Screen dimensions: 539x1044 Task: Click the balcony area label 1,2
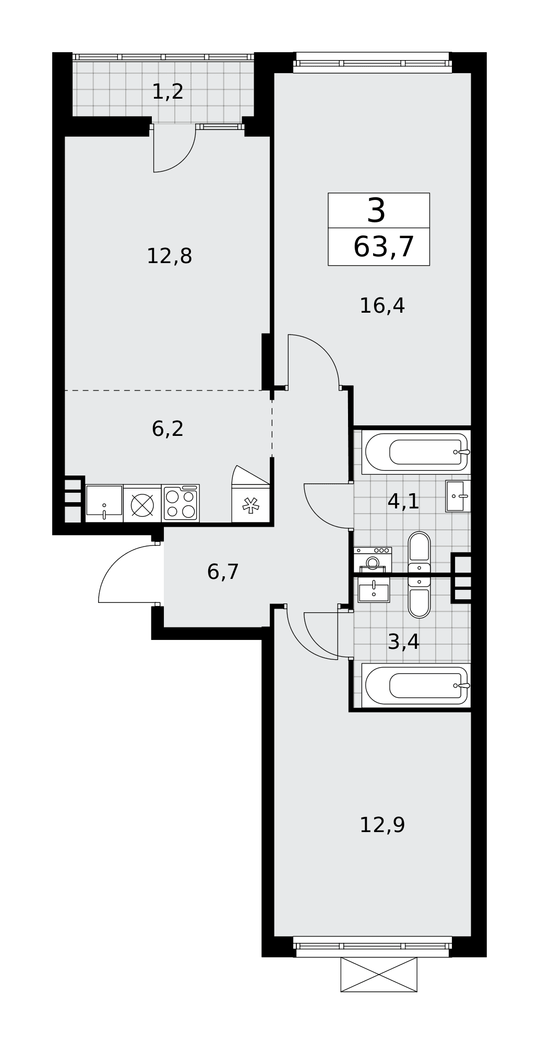(x=167, y=92)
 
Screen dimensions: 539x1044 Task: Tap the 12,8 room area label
(x=169, y=256)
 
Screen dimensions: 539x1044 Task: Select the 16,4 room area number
(x=382, y=305)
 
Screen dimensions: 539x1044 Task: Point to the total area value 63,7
(x=384, y=247)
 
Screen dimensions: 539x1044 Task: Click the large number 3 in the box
(x=376, y=211)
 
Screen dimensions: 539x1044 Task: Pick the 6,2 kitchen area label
(x=167, y=429)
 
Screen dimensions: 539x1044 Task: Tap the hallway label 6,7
(x=223, y=572)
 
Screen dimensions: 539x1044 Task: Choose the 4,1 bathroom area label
(x=403, y=502)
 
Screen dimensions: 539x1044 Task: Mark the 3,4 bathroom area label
(x=403, y=642)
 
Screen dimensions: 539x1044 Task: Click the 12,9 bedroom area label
(x=382, y=825)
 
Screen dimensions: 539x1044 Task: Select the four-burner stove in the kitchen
(x=181, y=503)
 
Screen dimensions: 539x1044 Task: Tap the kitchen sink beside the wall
(x=104, y=503)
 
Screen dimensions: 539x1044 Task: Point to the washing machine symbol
(x=373, y=560)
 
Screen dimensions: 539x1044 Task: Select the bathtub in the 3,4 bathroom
(x=416, y=685)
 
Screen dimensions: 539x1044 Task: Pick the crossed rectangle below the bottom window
(x=379, y=974)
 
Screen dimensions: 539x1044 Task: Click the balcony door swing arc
(x=184, y=159)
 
